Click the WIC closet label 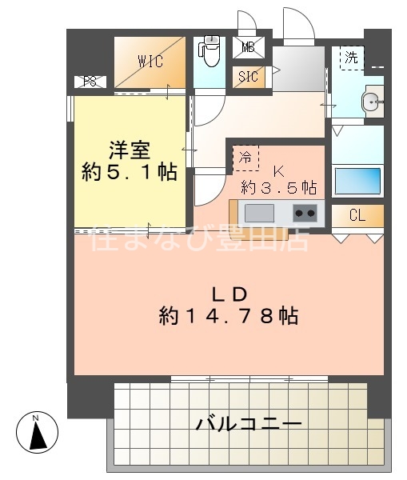pyautogui.click(x=150, y=59)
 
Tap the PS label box pyautogui.click(x=90, y=82)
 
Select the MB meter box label pyautogui.click(x=248, y=47)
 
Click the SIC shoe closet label pyautogui.click(x=248, y=78)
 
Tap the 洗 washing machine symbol pyautogui.click(x=351, y=58)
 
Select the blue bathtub pyautogui.click(x=357, y=180)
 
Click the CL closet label pyautogui.click(x=357, y=216)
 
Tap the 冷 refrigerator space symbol pyautogui.click(x=246, y=158)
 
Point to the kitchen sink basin pyautogui.click(x=260, y=213)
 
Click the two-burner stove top pyautogui.click(x=304, y=213)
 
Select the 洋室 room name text pyautogui.click(x=129, y=150)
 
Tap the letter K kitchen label pyautogui.click(x=279, y=170)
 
